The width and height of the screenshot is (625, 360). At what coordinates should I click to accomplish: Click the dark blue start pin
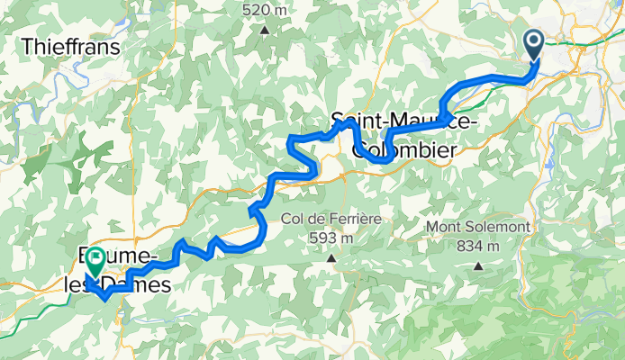click(x=532, y=42)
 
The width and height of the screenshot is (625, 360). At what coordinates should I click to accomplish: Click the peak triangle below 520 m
click(x=265, y=29)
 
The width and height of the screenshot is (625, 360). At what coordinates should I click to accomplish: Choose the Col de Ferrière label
click(x=331, y=219)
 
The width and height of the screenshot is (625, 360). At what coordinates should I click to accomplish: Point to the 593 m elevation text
click(x=331, y=238)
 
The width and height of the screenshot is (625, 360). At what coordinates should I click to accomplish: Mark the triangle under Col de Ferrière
click(x=331, y=259)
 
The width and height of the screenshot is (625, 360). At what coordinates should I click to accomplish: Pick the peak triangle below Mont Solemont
click(x=477, y=266)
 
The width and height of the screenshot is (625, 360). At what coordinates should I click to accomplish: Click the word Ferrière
click(x=354, y=219)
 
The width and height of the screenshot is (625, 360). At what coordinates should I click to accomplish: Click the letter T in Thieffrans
click(x=26, y=46)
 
